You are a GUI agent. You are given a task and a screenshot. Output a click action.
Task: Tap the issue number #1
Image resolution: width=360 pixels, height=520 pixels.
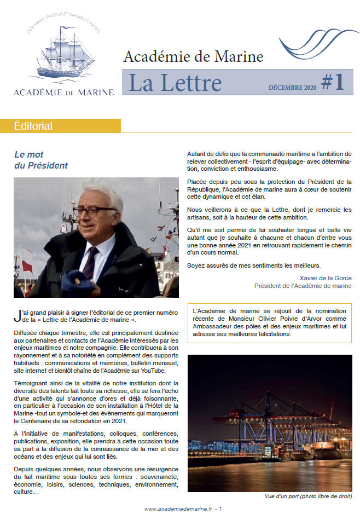333,82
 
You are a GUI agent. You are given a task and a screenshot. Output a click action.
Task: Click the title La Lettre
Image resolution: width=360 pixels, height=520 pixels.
175,83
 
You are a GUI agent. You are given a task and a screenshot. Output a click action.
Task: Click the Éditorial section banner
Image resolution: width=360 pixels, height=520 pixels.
33,126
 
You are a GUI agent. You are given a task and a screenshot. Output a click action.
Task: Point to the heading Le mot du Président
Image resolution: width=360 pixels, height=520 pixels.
41,160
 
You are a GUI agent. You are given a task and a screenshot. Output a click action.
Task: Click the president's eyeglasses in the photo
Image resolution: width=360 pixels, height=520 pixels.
94,211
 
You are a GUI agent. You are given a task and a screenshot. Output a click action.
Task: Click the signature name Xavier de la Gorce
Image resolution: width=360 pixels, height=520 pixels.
326,278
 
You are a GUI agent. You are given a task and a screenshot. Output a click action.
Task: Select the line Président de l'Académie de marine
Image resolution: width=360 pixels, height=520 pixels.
303,286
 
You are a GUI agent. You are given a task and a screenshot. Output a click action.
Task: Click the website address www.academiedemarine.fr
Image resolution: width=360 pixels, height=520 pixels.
178,509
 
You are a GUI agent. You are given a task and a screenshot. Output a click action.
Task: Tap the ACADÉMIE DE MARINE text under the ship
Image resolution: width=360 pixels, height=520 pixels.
63,92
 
